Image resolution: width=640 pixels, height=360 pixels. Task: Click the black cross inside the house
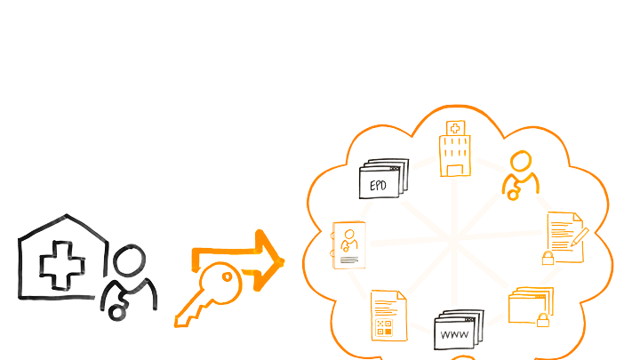(x=60, y=264)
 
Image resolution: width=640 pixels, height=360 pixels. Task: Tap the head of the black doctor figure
(x=130, y=262)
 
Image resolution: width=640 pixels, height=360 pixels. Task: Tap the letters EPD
(x=378, y=187)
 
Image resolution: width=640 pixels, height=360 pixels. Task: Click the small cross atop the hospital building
(x=454, y=128)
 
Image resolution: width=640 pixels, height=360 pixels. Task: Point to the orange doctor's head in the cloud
(x=520, y=163)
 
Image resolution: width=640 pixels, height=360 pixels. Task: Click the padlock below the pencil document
(x=548, y=259)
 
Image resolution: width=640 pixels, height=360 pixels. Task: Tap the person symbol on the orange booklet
(x=349, y=239)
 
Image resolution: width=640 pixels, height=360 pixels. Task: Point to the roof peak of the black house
(x=66, y=216)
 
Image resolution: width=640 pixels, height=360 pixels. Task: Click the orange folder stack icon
(x=531, y=306)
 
